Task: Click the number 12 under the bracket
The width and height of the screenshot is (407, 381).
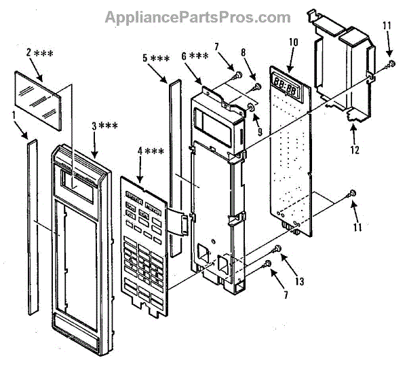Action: (x=355, y=147)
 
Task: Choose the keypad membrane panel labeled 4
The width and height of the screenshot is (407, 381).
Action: (x=144, y=242)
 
